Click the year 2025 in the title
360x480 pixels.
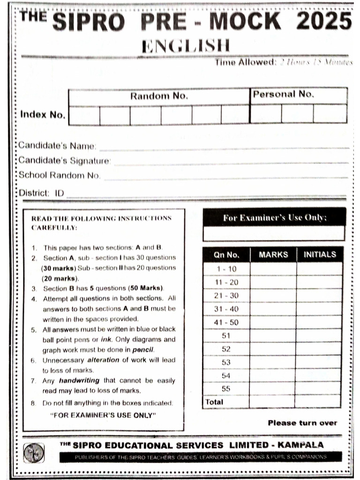point(324,22)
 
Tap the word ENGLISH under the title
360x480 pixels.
point(186,46)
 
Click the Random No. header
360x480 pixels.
point(159,96)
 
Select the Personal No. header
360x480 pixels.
point(283,94)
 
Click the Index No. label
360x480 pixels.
point(43,115)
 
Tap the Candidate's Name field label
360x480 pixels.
point(57,146)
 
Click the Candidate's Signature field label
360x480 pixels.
point(65,161)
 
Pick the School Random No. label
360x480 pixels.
point(60,176)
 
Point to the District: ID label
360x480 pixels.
point(41,193)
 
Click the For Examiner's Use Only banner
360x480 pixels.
point(274,218)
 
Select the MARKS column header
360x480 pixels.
point(273,255)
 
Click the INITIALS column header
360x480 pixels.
point(320,255)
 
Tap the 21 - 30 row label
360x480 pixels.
point(226,296)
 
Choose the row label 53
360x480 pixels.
point(226,362)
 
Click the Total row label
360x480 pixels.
point(214,402)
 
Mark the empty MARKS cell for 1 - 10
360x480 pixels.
point(273,269)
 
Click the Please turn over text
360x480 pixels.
point(302,423)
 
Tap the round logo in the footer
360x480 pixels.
point(34,453)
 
